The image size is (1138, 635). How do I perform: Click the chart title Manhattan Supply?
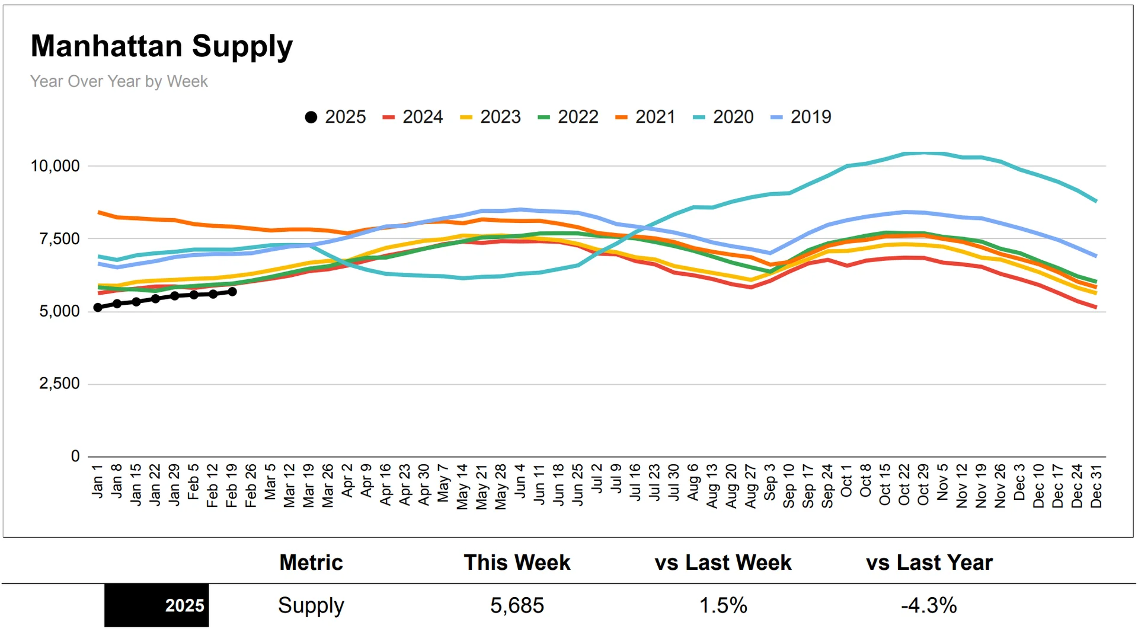[x=161, y=47]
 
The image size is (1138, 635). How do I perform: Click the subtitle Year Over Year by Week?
[x=119, y=81]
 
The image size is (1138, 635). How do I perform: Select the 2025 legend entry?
[x=335, y=117]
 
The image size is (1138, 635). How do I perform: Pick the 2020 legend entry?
[x=724, y=117]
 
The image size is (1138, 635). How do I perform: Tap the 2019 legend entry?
[x=801, y=117]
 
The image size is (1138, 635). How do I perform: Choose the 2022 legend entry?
[x=568, y=117]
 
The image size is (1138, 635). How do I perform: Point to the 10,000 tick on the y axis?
[x=55, y=166]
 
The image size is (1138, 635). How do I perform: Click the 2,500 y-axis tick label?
[x=59, y=384]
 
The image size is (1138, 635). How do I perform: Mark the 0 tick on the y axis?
[x=75, y=456]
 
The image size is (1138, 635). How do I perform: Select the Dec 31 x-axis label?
[x=1097, y=486]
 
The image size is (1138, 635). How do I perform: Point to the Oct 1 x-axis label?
[x=846, y=481]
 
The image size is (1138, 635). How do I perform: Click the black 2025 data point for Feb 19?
[x=232, y=292]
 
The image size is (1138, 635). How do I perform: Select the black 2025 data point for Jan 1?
[x=98, y=308]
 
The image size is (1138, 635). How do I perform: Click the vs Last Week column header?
[x=723, y=563]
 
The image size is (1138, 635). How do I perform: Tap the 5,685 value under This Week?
[x=517, y=605]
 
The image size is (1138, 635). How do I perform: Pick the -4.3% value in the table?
[x=929, y=605]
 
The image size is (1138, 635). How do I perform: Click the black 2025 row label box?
[x=156, y=605]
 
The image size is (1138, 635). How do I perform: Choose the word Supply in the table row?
[x=311, y=605]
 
